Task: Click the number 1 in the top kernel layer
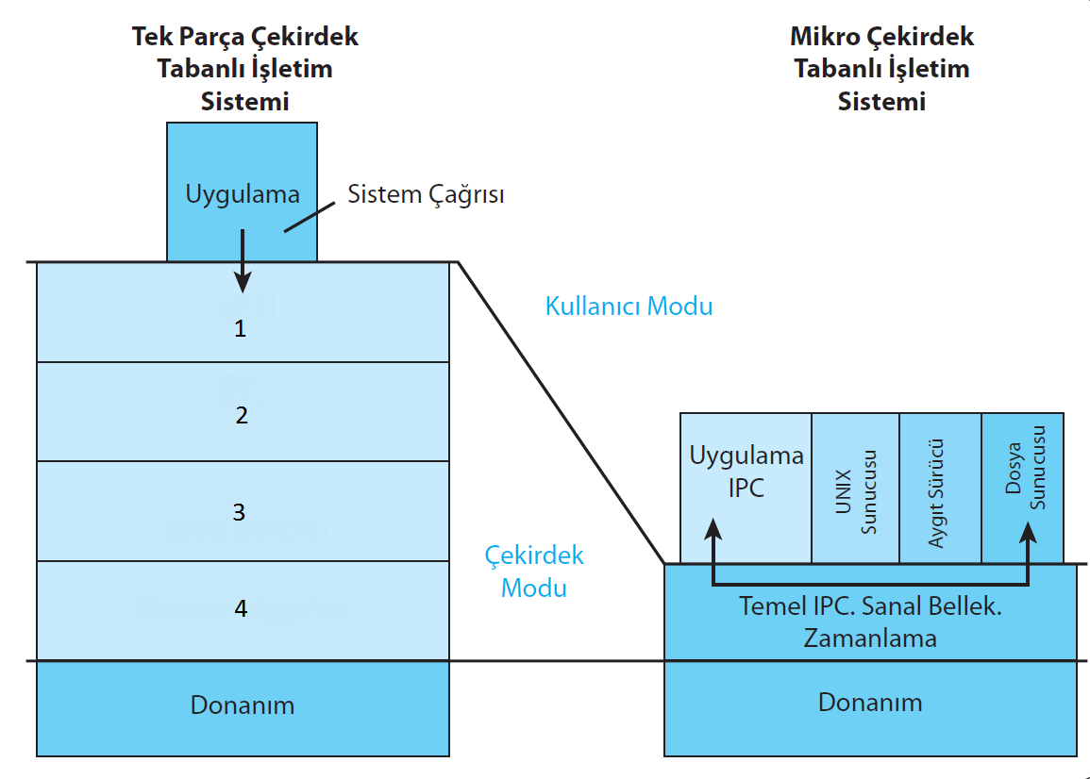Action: point(240,329)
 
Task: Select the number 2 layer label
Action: point(242,415)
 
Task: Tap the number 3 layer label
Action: point(239,512)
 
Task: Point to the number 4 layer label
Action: point(241,609)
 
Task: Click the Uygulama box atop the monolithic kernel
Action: point(242,170)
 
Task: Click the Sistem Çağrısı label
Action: point(426,195)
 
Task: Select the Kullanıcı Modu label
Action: point(629,307)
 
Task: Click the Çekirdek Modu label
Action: point(534,571)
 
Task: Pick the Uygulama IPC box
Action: point(746,472)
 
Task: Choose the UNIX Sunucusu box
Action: point(856,489)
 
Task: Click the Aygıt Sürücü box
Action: point(941,489)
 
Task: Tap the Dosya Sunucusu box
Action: point(1024,472)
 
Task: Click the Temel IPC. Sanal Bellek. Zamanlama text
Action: point(869,622)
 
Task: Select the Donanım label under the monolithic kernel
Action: point(243,705)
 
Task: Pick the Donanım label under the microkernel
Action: point(869,703)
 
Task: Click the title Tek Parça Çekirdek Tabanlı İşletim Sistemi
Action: point(244,69)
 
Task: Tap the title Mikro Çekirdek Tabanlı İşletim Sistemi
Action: point(881,69)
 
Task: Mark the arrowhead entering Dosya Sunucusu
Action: point(1028,530)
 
